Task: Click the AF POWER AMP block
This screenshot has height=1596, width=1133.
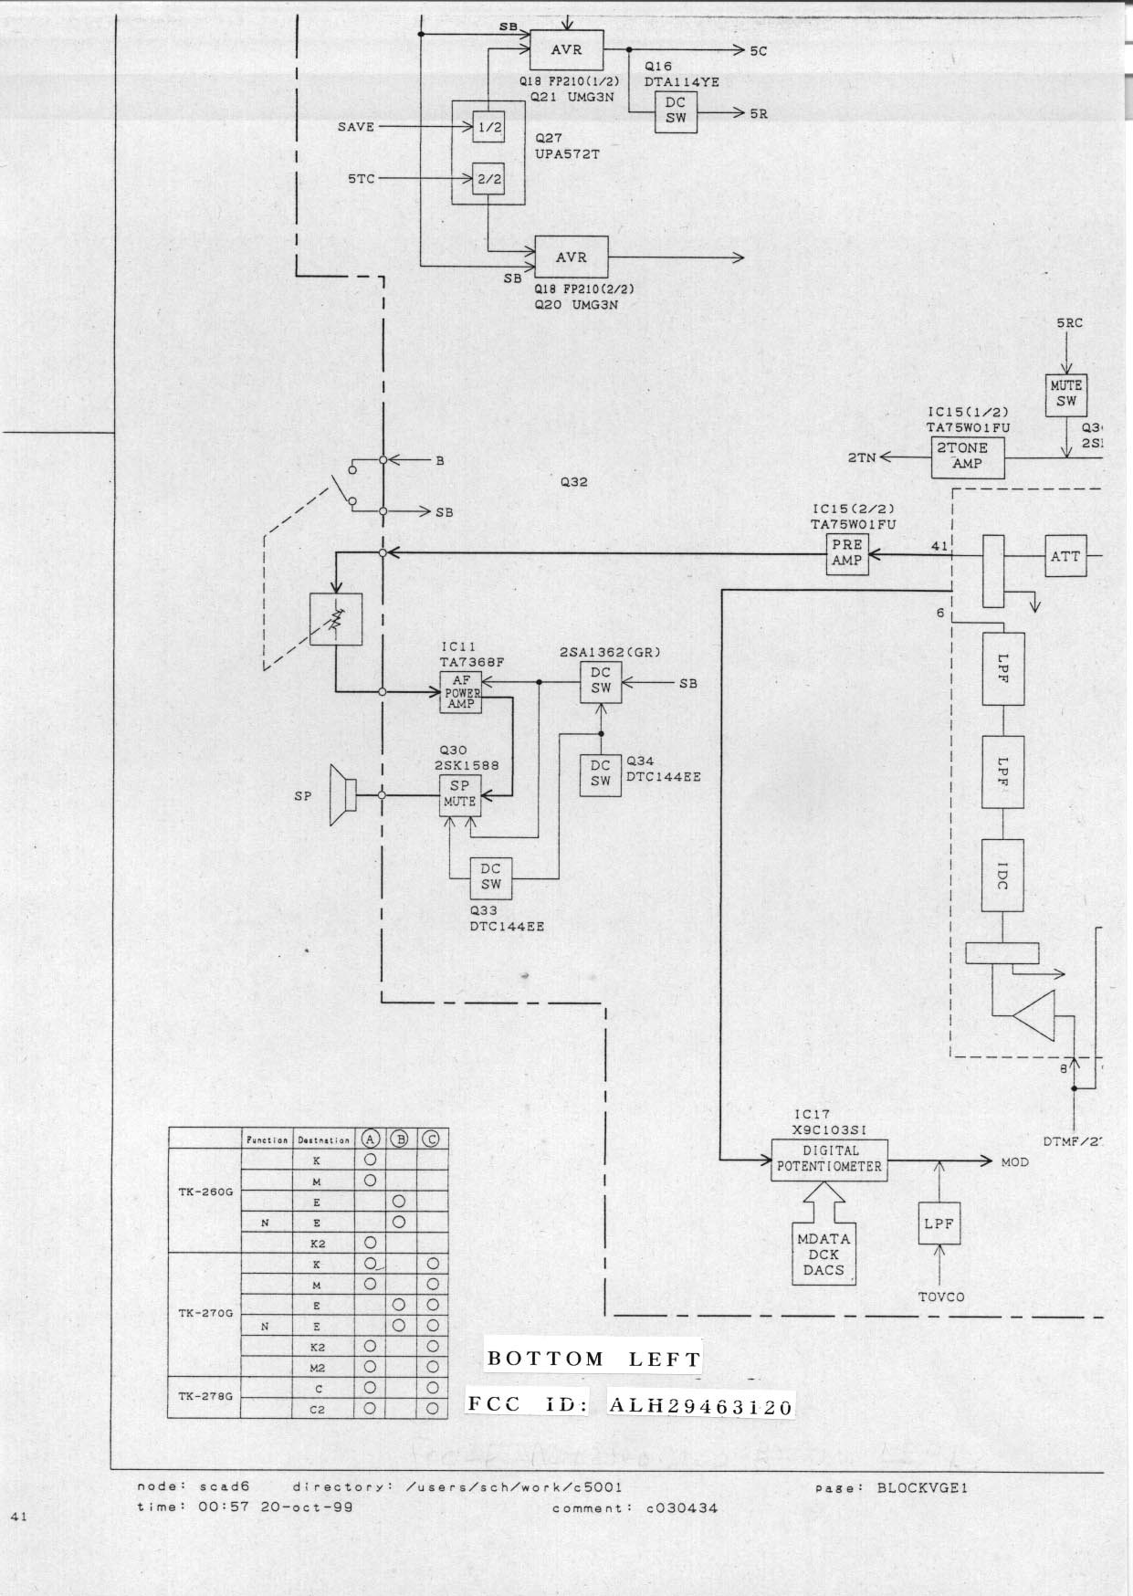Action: click(x=461, y=693)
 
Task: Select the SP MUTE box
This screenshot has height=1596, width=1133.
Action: click(x=460, y=794)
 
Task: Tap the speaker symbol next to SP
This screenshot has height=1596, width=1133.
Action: click(x=341, y=796)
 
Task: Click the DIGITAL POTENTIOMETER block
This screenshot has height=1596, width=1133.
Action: click(x=829, y=1160)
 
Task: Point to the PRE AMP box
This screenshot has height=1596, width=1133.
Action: click(x=846, y=552)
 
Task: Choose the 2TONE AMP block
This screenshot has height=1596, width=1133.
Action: click(x=968, y=457)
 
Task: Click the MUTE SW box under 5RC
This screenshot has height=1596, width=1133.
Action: click(x=1065, y=394)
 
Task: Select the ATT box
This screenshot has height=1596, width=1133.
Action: click(x=1065, y=556)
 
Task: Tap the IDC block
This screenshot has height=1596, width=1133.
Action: click(x=1002, y=876)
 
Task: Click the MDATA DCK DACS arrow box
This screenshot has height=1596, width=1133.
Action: click(x=824, y=1253)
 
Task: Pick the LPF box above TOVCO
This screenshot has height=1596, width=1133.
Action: click(x=939, y=1223)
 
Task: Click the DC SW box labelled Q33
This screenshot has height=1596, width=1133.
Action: click(x=491, y=877)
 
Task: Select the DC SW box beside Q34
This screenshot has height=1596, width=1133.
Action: click(x=601, y=774)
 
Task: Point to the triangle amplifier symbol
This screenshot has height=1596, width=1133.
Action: click(x=1035, y=1013)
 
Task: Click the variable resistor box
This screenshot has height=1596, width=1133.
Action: click(x=336, y=620)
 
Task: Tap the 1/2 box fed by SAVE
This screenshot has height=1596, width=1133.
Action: click(x=489, y=128)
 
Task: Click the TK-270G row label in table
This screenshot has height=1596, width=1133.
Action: click(x=205, y=1314)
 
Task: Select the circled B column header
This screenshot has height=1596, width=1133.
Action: click(x=399, y=1139)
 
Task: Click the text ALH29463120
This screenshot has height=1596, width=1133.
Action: click(x=700, y=1406)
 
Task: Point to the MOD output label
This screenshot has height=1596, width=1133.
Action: click(x=1014, y=1162)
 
